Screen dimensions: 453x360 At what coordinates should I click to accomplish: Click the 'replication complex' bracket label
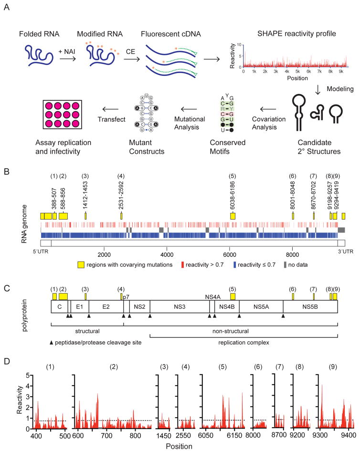click(x=243, y=357)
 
